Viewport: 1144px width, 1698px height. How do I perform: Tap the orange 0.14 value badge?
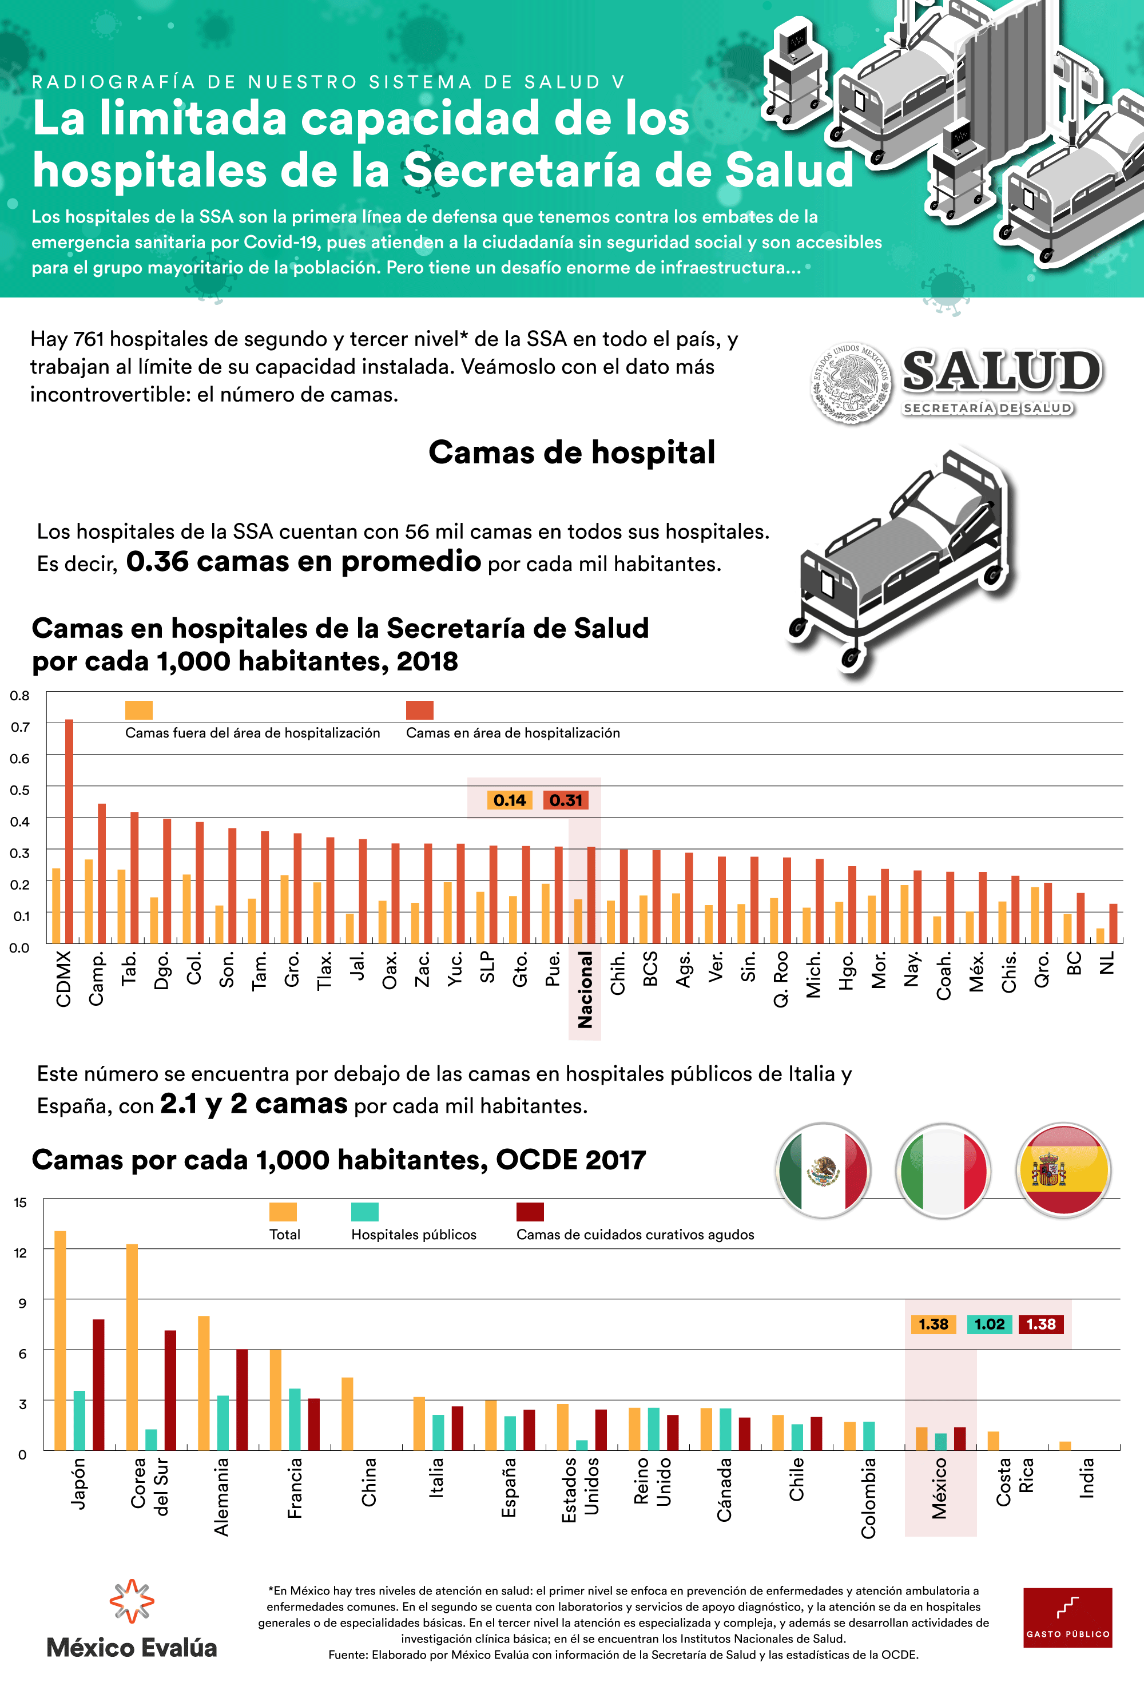[509, 800]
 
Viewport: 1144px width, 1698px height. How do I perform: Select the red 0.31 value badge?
[566, 800]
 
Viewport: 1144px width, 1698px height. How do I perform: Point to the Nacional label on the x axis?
[585, 990]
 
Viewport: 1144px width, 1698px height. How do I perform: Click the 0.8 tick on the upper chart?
[19, 696]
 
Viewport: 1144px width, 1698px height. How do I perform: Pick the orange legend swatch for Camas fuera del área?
[138, 710]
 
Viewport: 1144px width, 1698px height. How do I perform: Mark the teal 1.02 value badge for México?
[990, 1324]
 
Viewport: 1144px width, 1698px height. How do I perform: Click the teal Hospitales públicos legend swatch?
[365, 1211]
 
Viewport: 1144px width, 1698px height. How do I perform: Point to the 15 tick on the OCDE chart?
[21, 1202]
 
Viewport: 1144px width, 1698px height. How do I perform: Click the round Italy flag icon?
[943, 1171]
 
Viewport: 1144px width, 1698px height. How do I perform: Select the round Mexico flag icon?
[823, 1171]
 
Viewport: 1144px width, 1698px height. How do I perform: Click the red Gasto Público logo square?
[1067, 1617]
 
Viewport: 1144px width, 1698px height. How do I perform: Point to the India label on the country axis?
[1087, 1478]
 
